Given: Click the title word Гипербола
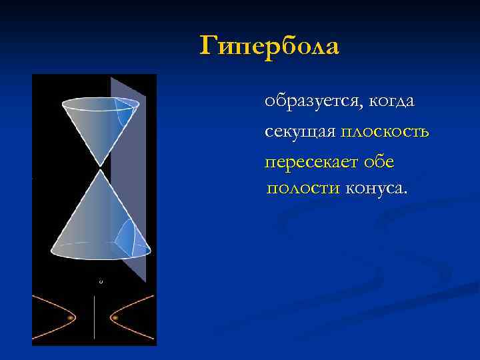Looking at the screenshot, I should click(269, 46).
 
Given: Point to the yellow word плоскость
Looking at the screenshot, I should click(385, 132).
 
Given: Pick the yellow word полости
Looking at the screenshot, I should click(303, 189).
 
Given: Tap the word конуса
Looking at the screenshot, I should click(375, 189).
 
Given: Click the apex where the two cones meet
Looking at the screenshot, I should click(100, 167).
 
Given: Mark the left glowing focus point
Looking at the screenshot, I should click(70, 318).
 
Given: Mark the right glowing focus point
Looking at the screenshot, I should click(115, 318).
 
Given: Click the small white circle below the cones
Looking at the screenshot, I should click(101, 282).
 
